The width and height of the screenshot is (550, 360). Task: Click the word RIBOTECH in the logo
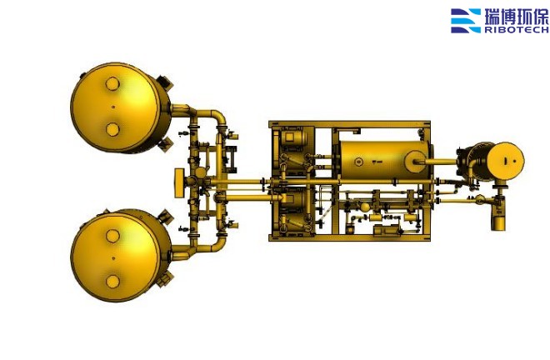click(x=517, y=30)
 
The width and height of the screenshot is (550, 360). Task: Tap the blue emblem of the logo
click(x=466, y=21)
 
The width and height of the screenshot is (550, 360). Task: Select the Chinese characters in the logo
click(x=517, y=16)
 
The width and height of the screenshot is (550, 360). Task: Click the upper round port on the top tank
click(x=112, y=84)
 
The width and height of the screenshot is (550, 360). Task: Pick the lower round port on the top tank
click(x=112, y=129)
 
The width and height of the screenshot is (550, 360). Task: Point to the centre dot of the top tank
click(x=113, y=107)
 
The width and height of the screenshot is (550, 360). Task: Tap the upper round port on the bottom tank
click(x=112, y=236)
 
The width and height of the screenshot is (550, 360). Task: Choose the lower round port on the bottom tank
click(x=112, y=282)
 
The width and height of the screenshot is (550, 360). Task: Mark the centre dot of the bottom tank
click(x=113, y=258)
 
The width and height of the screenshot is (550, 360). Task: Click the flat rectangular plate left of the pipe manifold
click(x=179, y=182)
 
